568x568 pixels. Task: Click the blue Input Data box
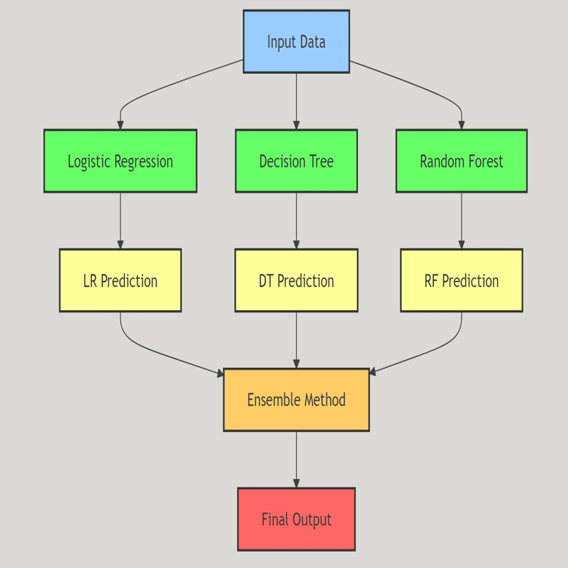point(296,41)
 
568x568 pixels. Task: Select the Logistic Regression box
point(120,161)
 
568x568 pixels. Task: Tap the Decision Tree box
point(296,161)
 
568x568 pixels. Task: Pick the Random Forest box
point(462,161)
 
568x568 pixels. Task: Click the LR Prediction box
point(120,280)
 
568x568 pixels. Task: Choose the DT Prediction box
point(296,280)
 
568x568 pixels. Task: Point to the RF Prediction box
point(462,280)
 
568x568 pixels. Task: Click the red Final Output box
point(296,519)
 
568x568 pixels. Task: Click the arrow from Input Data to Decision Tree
point(296,101)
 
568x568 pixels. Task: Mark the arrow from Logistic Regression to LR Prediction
point(120,221)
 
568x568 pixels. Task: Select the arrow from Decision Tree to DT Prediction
point(296,221)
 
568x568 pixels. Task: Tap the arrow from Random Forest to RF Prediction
point(462,221)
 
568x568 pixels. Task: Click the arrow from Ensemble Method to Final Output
point(296,460)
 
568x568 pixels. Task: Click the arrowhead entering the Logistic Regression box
point(120,125)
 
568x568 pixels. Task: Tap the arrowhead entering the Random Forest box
point(462,125)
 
